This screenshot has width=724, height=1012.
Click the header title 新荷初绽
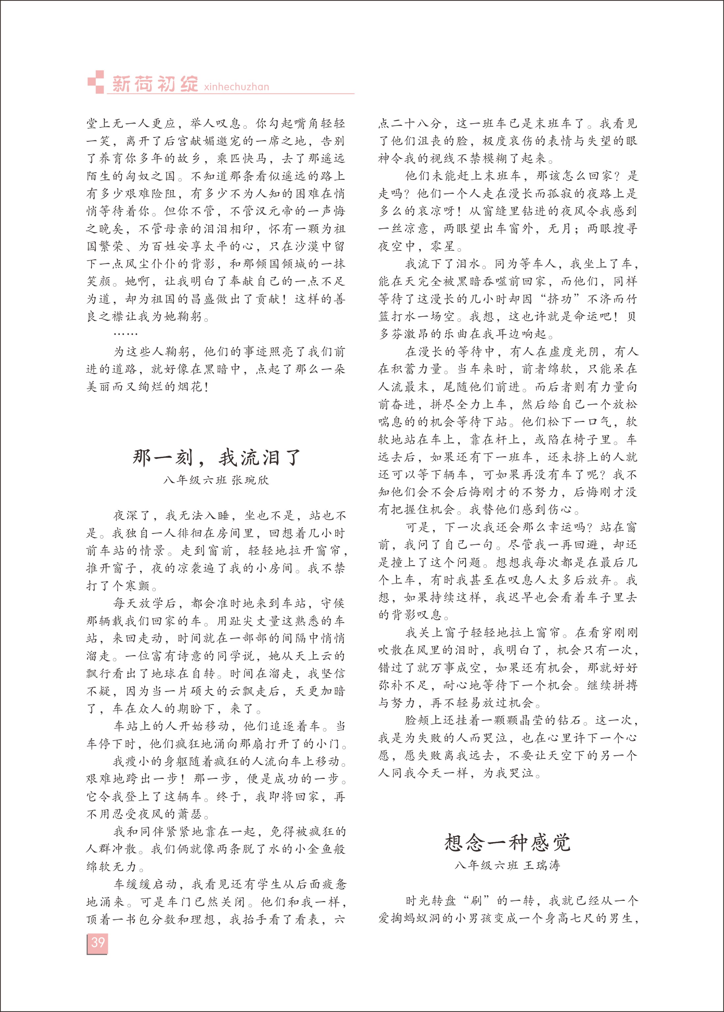pos(154,84)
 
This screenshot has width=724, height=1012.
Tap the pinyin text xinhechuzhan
pos(236,87)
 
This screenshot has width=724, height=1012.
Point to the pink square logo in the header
pos(95,82)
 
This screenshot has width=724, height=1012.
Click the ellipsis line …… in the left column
pos(126,334)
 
